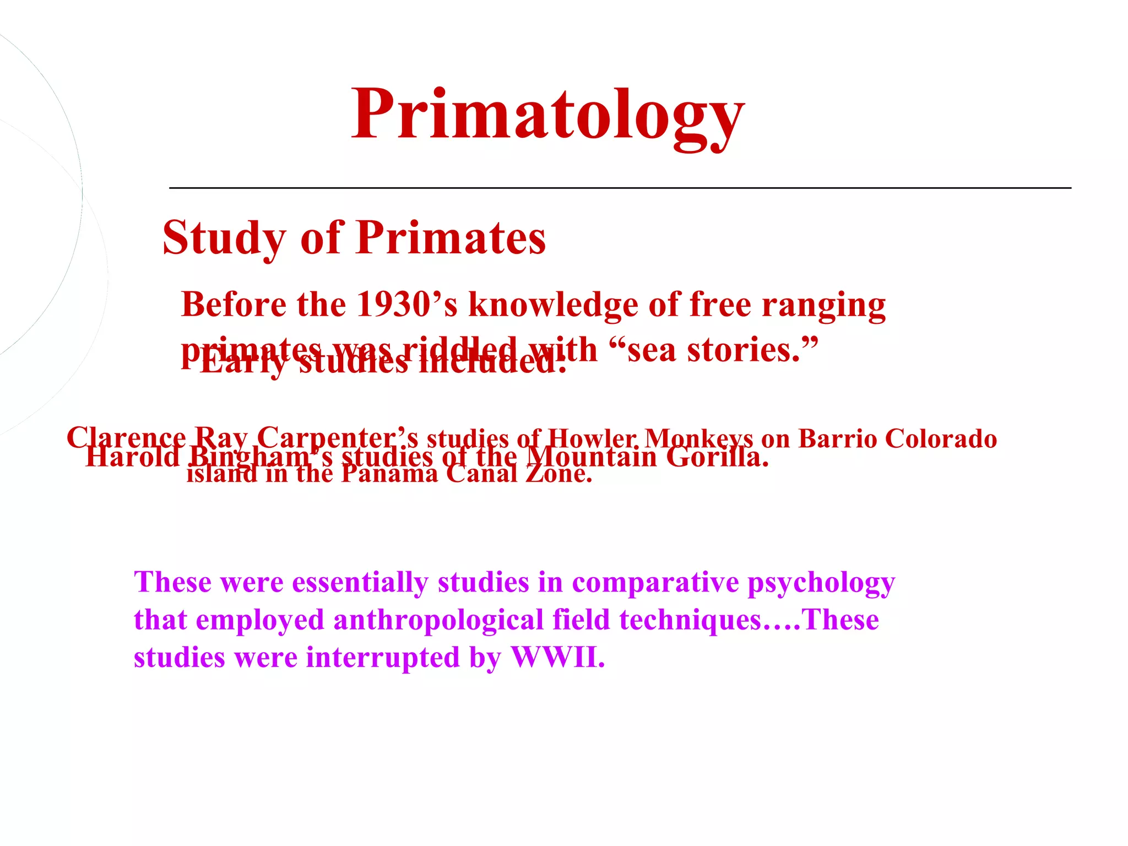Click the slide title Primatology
pos(547,116)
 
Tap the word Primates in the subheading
pos(451,238)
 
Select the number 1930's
pos(406,305)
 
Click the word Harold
pos(132,457)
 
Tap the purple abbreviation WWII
pos(557,658)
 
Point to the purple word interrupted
pos(382,658)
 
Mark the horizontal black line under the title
pos(620,188)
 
